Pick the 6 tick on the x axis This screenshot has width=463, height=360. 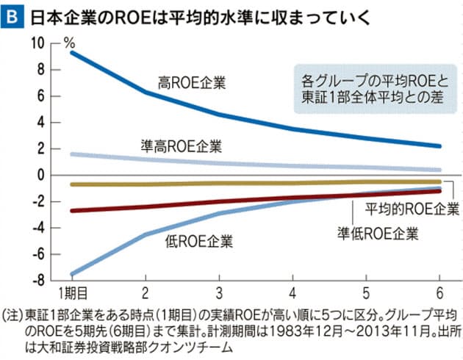click(439, 289)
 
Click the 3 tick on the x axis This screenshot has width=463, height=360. click(219, 289)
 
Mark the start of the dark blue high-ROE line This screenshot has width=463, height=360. click(71, 52)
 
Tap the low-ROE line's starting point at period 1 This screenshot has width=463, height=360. click(71, 273)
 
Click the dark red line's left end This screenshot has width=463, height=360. click(71, 210)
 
